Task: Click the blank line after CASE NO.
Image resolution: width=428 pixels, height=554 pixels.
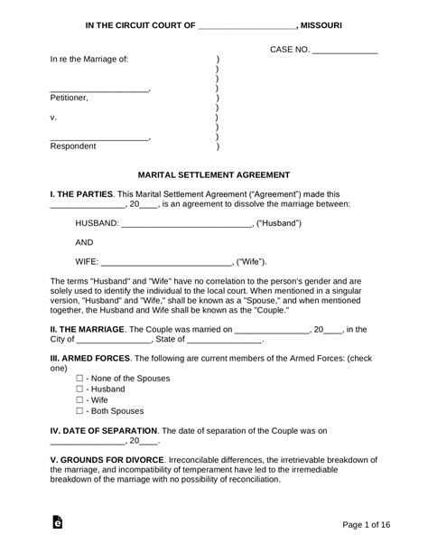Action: tap(343, 53)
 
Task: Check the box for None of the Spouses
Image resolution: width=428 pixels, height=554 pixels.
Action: tap(79, 379)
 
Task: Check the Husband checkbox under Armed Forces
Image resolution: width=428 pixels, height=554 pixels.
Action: tap(79, 389)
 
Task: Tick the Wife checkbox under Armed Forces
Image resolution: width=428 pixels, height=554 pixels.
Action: tap(79, 399)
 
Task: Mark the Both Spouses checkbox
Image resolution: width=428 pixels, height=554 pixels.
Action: tap(79, 409)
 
